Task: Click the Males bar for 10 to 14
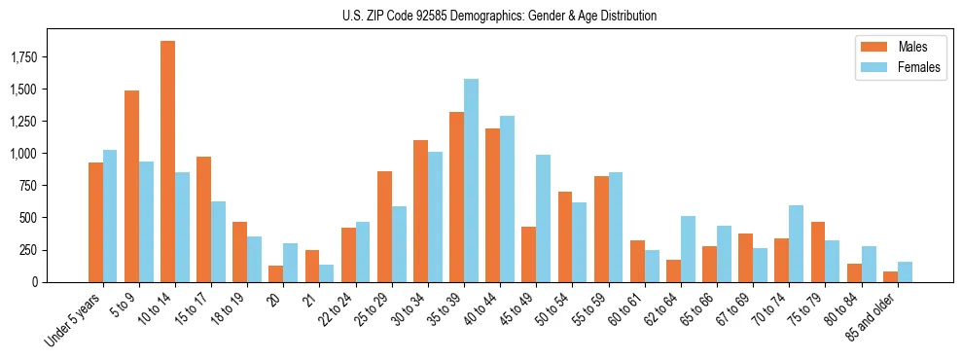pyautogui.click(x=167, y=162)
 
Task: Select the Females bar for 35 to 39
pyautogui.click(x=471, y=180)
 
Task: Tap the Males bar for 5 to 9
pyautogui.click(x=131, y=186)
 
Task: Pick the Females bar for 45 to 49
pyautogui.click(x=543, y=218)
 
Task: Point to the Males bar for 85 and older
pyautogui.click(x=890, y=276)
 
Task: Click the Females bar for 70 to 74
pyautogui.click(x=796, y=243)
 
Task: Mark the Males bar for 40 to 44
pyautogui.click(x=492, y=205)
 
